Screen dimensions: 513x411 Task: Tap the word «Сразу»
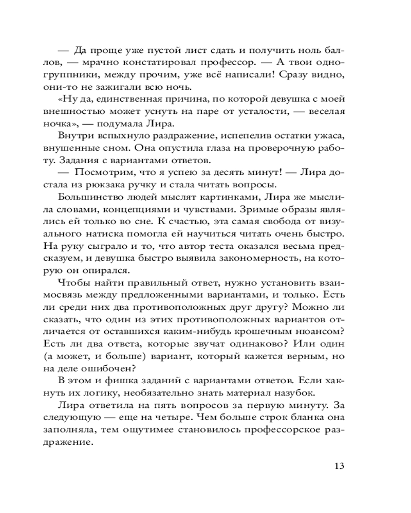tap(302, 75)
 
